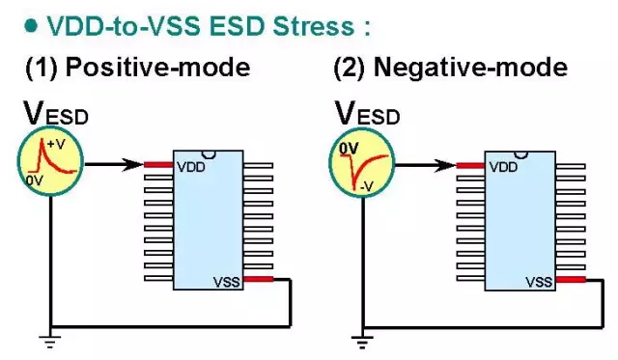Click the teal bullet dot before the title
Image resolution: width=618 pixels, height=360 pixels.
coord(31,26)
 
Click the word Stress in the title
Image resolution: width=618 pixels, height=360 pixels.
coord(314,26)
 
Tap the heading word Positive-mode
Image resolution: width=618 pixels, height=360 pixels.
coord(157,67)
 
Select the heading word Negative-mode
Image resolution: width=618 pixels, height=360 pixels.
coord(470,67)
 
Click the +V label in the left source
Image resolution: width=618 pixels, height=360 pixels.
coord(56,144)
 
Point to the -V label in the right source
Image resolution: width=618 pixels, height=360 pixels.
coord(366,186)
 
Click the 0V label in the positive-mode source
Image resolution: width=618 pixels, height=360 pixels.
coord(35,180)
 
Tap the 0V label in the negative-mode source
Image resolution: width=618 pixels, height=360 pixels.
coord(349,149)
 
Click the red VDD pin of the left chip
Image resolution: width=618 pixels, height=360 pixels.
coord(158,165)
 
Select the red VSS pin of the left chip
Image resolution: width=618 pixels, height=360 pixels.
coord(258,279)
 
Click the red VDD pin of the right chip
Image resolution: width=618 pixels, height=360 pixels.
coord(470,165)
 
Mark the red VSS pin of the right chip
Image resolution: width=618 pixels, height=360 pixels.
coord(571,280)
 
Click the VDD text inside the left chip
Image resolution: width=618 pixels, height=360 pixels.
coord(191,167)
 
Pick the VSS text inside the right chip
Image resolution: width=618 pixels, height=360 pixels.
coord(539,282)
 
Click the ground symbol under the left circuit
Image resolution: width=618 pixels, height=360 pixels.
coord(50,342)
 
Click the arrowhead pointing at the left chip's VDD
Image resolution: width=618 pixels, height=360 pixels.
coord(133,165)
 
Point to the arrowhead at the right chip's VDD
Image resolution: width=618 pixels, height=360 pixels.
coord(445,165)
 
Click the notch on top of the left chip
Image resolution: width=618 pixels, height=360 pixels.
coord(209,154)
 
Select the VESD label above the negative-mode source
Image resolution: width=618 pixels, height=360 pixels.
coord(367,113)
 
